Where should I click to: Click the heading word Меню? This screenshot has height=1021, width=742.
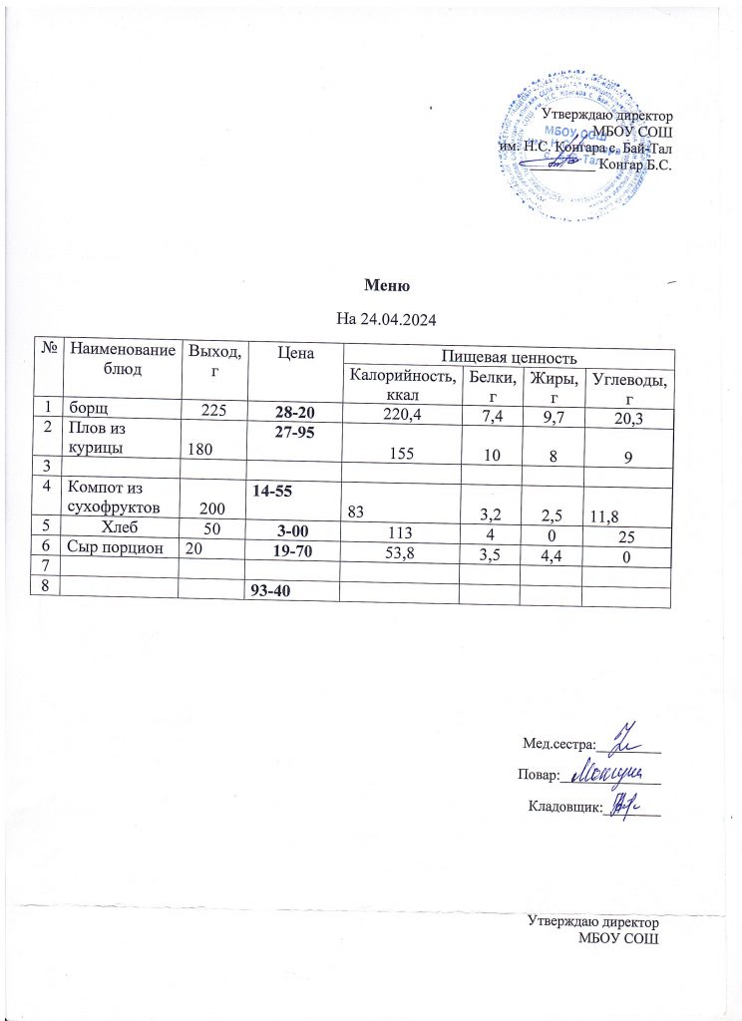388,286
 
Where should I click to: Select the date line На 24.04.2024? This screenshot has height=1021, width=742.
387,319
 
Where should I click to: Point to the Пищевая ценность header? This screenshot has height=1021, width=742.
507,355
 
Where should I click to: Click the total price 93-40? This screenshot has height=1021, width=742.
273,590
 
